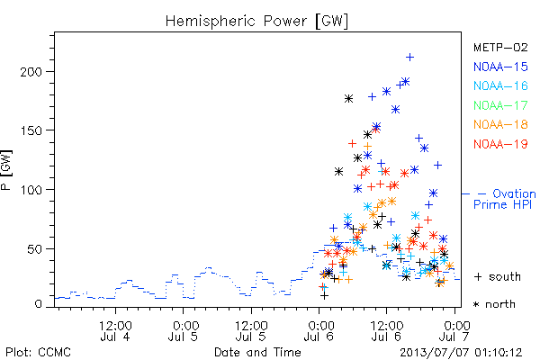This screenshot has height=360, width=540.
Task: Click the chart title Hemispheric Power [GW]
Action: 256,21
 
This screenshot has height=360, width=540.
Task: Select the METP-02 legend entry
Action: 500,47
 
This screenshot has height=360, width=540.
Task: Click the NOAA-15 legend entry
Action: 500,67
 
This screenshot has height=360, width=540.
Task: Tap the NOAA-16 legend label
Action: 500,85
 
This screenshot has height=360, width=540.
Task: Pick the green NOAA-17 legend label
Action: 500,105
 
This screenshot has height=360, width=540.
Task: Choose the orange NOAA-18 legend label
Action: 500,124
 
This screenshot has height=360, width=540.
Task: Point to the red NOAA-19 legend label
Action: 500,144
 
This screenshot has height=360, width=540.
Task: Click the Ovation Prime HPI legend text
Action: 505,199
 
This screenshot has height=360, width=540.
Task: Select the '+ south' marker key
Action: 498,276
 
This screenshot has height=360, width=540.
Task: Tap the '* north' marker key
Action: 494,304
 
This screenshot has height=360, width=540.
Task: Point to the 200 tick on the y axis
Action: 31,72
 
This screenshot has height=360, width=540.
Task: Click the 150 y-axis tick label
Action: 31,130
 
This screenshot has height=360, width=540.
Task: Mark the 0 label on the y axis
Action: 38,304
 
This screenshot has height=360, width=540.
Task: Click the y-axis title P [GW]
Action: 6,170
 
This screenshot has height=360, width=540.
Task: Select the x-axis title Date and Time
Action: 257,352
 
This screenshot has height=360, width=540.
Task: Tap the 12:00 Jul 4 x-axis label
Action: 115,331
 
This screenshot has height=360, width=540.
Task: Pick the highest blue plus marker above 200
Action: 409,58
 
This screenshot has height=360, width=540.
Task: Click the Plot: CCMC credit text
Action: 38,352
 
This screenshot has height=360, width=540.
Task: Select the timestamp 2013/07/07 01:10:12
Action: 461,353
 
